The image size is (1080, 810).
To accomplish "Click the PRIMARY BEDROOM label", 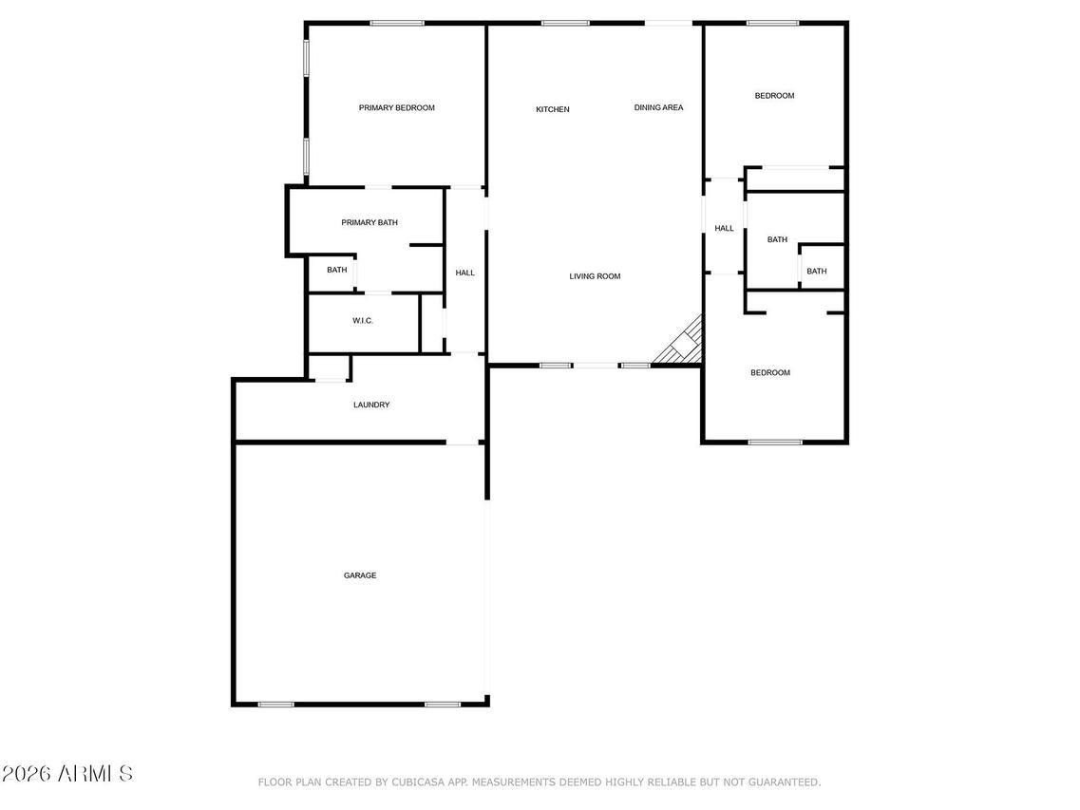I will (396, 108).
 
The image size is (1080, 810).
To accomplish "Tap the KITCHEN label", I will (552, 110).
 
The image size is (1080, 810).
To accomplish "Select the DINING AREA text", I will (658, 108).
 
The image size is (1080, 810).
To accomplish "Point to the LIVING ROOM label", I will (595, 276).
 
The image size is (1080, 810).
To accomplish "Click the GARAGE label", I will (360, 575).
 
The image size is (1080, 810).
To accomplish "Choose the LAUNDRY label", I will (371, 405).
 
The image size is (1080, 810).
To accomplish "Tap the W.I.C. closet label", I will (363, 321).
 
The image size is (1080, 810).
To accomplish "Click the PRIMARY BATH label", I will (369, 223).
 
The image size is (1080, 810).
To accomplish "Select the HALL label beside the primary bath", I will (464, 273).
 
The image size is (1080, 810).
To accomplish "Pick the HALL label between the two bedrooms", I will (724, 229).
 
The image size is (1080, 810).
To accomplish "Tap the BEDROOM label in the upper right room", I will (774, 96).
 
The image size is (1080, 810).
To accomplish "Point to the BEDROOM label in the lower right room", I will (770, 373).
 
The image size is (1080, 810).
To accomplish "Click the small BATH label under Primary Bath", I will (337, 271).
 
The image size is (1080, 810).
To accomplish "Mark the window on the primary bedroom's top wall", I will (396, 23).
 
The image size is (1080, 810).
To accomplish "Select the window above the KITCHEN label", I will (565, 23).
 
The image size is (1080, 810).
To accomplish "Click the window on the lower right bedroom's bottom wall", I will (775, 442).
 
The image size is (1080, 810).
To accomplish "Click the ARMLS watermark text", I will (67, 774).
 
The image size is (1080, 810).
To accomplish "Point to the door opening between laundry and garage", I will (463, 443).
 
